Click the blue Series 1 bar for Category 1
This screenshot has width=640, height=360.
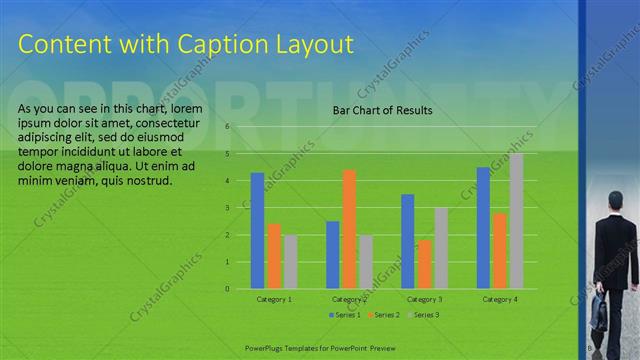[257, 231]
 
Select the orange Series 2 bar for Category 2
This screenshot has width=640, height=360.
[349, 229]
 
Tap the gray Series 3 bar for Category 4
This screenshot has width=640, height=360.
[516, 221]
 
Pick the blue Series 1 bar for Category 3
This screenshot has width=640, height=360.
[408, 241]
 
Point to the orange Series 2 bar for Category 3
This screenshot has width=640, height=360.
[424, 264]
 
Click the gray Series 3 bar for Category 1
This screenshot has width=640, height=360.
[290, 262]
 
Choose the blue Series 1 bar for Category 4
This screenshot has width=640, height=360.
[483, 228]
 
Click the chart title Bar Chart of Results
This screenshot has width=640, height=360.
[382, 110]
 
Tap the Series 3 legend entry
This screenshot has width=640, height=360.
[424, 315]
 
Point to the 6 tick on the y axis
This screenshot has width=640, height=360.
[228, 127]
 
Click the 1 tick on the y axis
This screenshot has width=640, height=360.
[228, 262]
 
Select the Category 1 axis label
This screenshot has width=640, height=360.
[274, 299]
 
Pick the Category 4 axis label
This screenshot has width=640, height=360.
[500, 299]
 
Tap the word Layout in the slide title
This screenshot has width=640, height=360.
[310, 44]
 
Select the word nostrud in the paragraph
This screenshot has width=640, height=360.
[150, 181]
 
